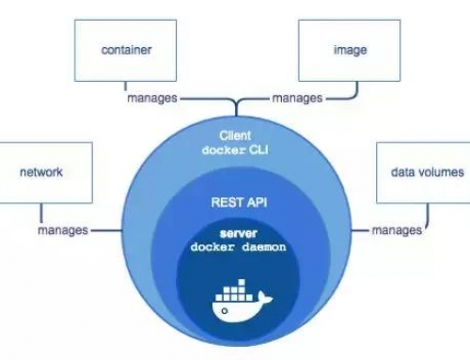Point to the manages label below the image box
[298, 98]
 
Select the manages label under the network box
[63, 230]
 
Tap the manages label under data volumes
[396, 230]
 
